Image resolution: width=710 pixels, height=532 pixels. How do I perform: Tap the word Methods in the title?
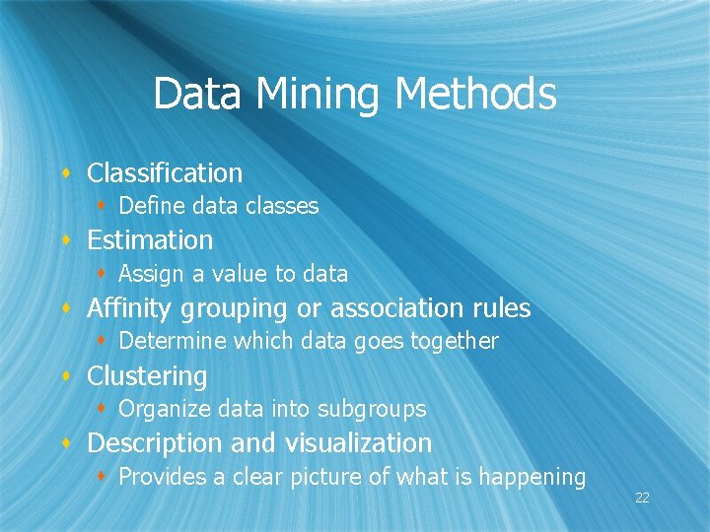coord(475,95)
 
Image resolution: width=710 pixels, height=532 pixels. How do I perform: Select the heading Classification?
coord(165,173)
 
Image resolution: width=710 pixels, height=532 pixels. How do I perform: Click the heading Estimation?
coord(150,240)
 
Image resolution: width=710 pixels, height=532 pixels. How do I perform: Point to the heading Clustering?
coord(147,376)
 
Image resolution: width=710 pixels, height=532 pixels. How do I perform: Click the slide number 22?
coord(642,498)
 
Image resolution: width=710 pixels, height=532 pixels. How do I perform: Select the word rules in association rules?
coord(499,308)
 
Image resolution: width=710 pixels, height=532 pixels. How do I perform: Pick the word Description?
coord(155,443)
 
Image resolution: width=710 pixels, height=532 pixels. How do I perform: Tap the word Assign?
coord(149,274)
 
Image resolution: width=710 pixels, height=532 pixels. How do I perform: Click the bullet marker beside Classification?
coord(66,174)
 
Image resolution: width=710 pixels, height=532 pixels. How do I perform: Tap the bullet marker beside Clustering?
coord(66,377)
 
